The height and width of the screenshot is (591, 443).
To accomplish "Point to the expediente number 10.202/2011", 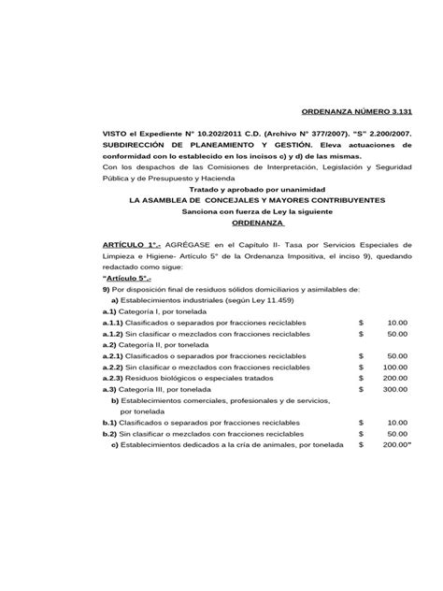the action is tap(218, 134).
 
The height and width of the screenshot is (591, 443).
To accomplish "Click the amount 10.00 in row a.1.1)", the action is tap(397, 322).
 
